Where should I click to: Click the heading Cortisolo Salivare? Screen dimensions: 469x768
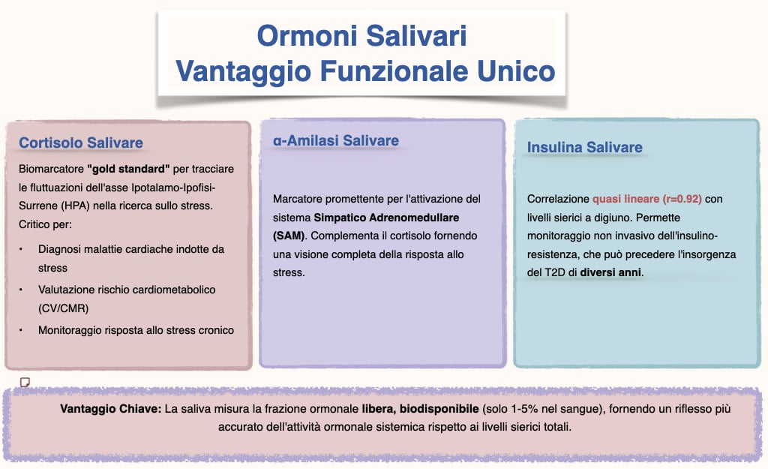[x=81, y=143]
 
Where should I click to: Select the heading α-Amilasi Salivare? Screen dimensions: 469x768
[x=335, y=140]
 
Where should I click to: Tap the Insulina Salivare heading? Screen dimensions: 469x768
[x=585, y=146]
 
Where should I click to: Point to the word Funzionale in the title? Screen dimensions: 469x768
[x=397, y=71]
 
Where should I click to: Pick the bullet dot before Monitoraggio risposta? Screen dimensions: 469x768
[x=22, y=330]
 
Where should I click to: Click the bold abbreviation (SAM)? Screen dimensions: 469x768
[x=289, y=236]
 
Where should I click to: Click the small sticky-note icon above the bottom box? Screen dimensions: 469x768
[x=25, y=382]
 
